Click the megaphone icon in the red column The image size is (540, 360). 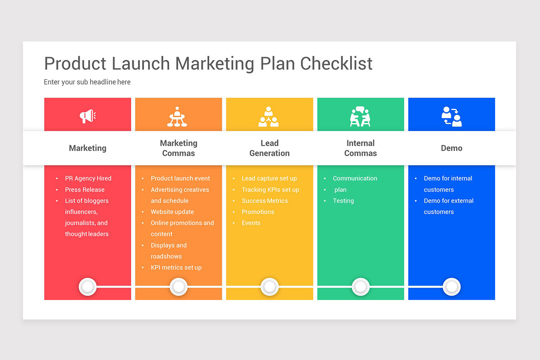tap(88, 117)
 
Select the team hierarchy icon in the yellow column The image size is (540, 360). tap(269, 117)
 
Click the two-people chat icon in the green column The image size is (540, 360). tap(360, 117)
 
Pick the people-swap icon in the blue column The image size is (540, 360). tap(451, 117)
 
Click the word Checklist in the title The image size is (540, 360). tap(337, 63)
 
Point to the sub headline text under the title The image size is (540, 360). tap(87, 82)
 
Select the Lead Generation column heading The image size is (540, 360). tap(270, 148)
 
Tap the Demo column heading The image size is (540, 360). tap(451, 148)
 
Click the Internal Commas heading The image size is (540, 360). tap(360, 148)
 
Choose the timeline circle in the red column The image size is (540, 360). tap(88, 287)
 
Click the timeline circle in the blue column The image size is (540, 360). tap(451, 287)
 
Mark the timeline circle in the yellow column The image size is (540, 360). tap(270, 287)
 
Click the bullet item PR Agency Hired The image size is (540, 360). tap(88, 178)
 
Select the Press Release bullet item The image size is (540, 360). tap(85, 189)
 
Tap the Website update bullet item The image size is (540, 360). tap(172, 211)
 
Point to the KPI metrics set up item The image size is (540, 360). tap(176, 267)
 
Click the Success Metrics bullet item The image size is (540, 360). tap(265, 201)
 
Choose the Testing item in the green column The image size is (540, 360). tap(343, 201)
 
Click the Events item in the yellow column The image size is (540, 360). tap(251, 223)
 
